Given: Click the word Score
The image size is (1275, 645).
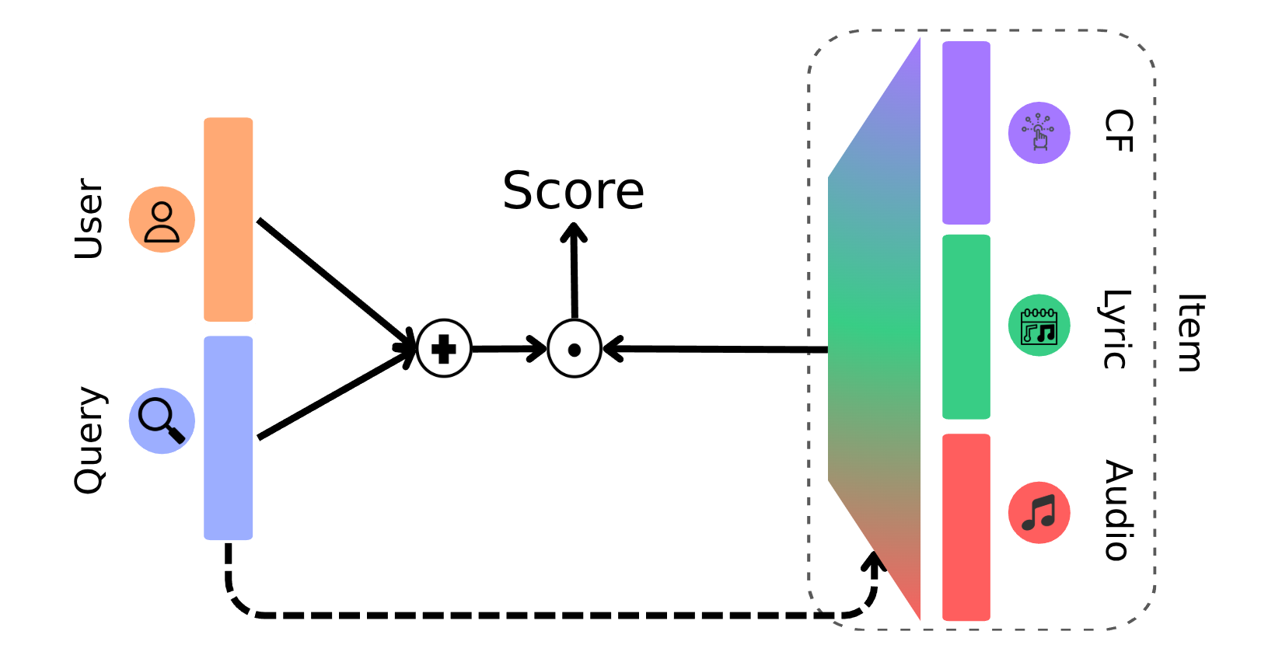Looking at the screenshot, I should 573,191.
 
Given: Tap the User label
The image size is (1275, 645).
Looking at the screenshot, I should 89,218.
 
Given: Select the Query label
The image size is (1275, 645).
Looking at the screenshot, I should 90,439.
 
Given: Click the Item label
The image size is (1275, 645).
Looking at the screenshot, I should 1189,333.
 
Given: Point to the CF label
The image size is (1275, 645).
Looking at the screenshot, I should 1118,131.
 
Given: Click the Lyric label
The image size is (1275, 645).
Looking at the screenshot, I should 1116,329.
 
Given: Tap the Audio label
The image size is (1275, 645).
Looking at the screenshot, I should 1118,510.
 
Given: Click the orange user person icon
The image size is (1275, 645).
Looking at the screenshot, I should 162,220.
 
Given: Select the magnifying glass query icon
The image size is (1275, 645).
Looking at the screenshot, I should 162,421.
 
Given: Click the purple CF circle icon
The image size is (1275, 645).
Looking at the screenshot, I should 1039,133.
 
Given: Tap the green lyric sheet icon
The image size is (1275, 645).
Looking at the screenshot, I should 1039,326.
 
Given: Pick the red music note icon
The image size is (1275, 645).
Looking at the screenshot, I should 1039,513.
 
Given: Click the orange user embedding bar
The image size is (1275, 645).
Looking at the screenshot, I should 228,219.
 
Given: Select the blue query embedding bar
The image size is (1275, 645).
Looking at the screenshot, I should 228,438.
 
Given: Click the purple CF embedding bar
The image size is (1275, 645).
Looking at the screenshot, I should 966,133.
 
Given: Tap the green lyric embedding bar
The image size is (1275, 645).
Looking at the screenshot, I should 966,326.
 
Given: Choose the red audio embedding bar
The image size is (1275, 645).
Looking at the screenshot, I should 966,527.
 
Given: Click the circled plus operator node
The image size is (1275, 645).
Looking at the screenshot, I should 444,349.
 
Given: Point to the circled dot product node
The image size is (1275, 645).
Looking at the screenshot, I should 575,349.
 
